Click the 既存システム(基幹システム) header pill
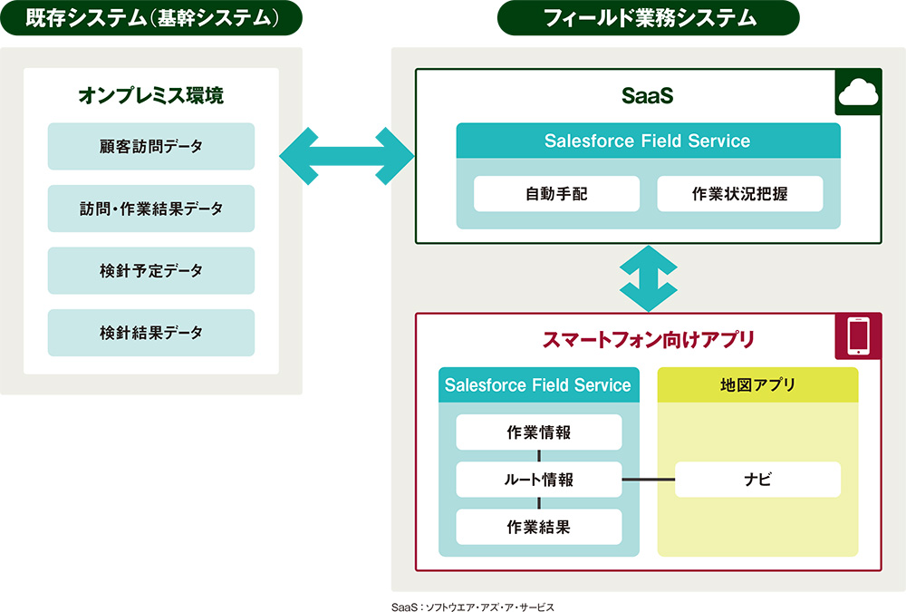click(151, 17)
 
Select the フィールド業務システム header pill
click(648, 17)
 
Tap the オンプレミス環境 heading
click(151, 94)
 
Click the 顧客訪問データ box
click(151, 146)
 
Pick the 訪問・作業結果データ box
click(151, 209)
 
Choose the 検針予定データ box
click(151, 270)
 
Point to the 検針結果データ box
click(151, 333)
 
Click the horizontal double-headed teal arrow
click(346, 158)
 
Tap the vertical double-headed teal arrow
click(648, 278)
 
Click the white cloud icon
click(857, 92)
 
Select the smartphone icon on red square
click(857, 336)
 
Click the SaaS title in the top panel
click(648, 95)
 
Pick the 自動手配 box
click(556, 194)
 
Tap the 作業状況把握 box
click(739, 194)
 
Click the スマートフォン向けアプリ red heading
click(648, 340)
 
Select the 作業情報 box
click(539, 432)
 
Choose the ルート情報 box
click(539, 480)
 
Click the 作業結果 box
click(539, 527)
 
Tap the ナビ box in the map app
click(757, 480)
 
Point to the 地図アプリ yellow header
click(757, 385)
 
